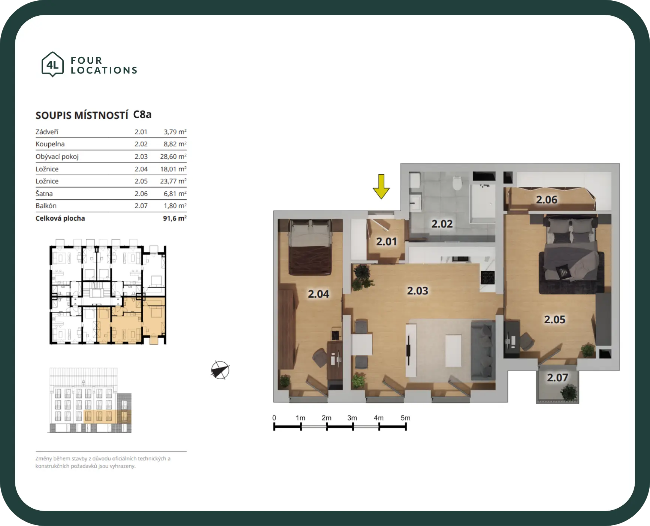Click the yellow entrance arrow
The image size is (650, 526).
coord(381,186)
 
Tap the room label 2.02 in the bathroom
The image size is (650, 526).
coord(442,224)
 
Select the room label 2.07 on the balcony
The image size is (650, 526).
coord(557,378)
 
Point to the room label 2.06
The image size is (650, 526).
coord(547,200)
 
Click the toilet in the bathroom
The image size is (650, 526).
coord(457,183)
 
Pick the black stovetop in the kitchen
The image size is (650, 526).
coord(488,278)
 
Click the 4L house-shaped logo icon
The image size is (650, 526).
coord(52,64)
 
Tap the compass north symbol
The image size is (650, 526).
coord(220,370)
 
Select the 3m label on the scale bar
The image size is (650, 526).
coord(352,418)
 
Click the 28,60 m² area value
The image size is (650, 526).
coord(173,156)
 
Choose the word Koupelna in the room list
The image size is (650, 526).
coord(50,144)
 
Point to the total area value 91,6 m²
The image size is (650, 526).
coord(175,218)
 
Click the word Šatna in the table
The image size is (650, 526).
coord(44,193)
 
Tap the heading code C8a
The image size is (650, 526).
coord(142,115)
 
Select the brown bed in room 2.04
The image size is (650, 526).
coord(310,247)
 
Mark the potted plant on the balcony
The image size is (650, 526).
coord(569,393)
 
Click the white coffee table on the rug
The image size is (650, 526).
coord(453,351)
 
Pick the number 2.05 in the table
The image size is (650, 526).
coord(141,181)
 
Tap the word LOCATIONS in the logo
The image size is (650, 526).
coord(104,70)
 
